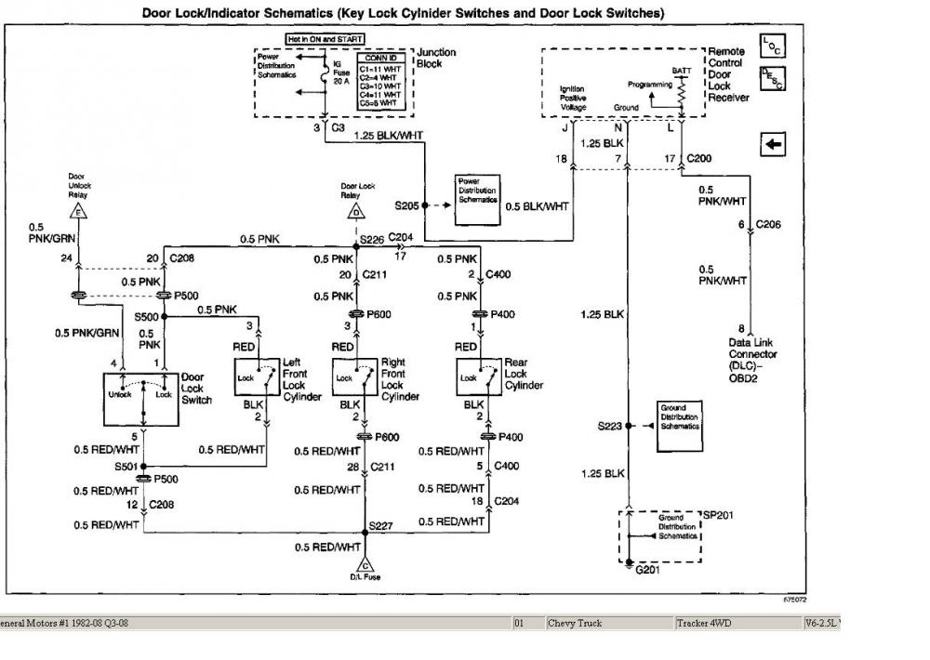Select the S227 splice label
coord(381,526)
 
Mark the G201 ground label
coord(646,569)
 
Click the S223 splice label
coord(611,426)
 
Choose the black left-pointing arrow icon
coord(773,144)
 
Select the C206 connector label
coord(768,225)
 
